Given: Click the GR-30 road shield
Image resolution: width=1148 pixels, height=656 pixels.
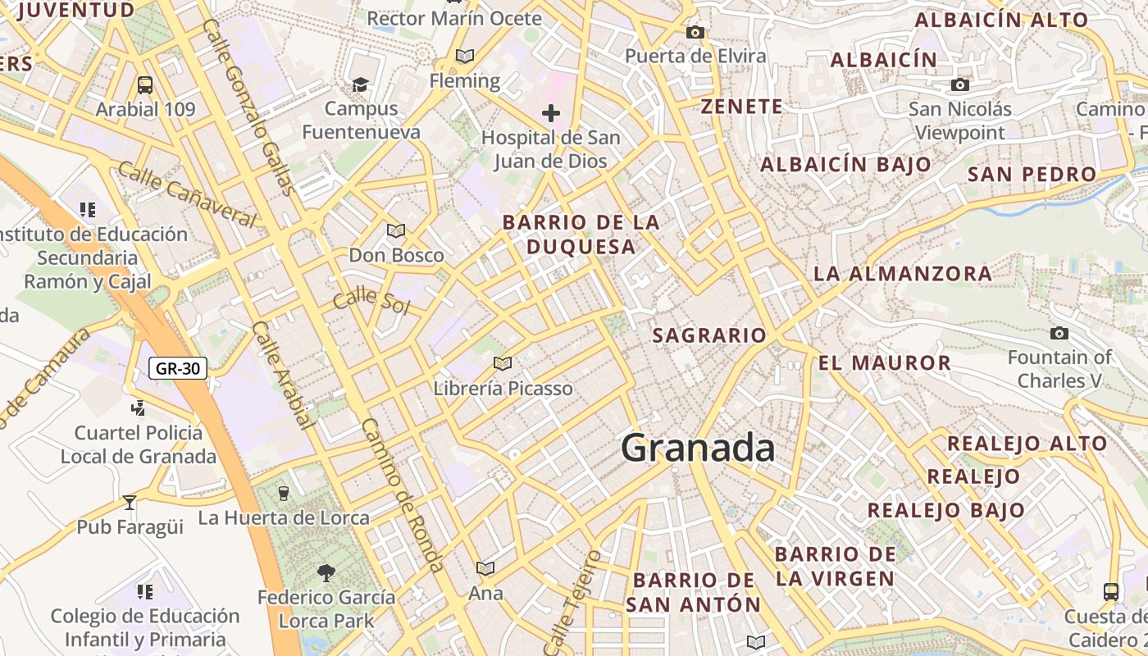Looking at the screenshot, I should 178,368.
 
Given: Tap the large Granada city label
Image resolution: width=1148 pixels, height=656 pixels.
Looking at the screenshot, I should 697,449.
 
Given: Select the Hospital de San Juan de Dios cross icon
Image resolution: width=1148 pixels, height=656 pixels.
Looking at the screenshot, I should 550,113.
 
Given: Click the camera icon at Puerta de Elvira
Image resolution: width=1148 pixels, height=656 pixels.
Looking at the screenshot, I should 695,33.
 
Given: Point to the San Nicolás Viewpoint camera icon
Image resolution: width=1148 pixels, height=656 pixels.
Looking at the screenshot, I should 960,84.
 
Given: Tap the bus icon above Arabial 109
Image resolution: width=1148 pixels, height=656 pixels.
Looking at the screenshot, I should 145,84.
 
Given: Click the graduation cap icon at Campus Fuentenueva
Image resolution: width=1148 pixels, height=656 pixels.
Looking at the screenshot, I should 360,84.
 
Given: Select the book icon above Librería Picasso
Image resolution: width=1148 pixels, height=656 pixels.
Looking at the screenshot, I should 503,363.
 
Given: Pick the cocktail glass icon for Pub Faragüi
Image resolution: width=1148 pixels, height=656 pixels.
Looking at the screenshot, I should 130,502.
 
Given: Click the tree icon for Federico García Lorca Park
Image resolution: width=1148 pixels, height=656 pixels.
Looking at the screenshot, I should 326,572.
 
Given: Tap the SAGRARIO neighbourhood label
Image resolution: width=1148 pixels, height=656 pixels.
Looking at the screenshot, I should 709,335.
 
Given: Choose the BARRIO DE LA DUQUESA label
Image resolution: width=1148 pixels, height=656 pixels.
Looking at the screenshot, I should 581,235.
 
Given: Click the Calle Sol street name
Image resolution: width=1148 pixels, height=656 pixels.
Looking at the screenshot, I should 371,299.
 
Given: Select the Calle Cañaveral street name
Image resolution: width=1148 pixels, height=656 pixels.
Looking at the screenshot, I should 186,194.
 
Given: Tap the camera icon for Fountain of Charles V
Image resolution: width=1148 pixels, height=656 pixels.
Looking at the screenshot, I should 1059,333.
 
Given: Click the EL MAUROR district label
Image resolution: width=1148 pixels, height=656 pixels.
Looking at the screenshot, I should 885,362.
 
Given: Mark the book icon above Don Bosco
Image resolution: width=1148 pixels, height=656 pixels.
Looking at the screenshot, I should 396,230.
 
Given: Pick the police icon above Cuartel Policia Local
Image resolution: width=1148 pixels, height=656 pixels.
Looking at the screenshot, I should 138,408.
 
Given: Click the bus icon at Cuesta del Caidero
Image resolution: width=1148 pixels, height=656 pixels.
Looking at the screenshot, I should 1111,591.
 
